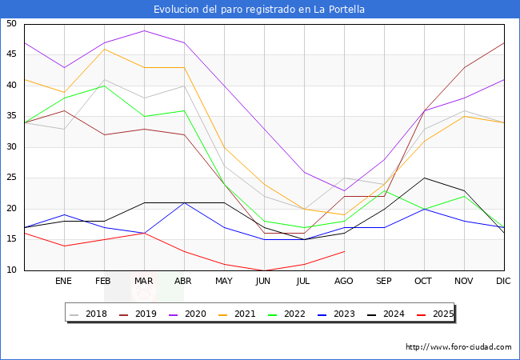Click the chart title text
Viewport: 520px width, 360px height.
[260, 10]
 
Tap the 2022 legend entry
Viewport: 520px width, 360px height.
[294, 314]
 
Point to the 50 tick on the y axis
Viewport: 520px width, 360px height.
[12, 24]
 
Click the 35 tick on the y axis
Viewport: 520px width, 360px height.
[12, 117]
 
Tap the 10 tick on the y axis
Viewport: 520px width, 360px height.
[12, 270]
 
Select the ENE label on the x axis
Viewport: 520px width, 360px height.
[63, 282]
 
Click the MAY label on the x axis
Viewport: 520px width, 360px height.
[224, 282]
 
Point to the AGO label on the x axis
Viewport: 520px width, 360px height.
[344, 282]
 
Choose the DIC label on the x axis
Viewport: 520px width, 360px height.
[504, 282]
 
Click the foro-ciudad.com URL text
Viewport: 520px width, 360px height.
[458, 347]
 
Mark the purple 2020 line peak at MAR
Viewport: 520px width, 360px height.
[144, 30]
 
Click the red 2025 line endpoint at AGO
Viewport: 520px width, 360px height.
[344, 252]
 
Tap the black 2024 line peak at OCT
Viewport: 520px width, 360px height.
[424, 178]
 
